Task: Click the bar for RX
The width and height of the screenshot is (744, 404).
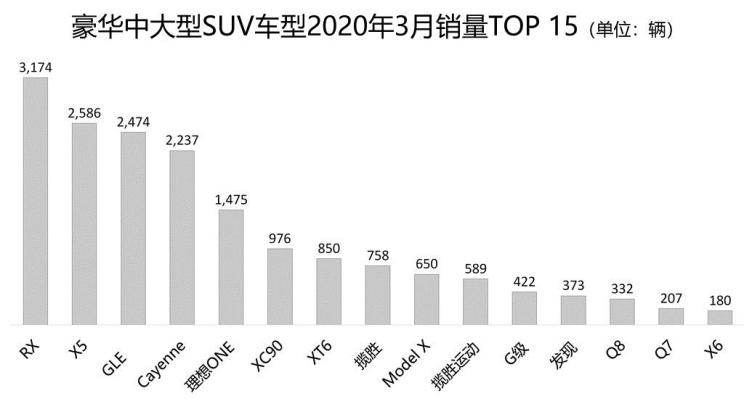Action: click(x=35, y=201)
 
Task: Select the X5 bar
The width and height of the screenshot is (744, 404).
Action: click(x=84, y=224)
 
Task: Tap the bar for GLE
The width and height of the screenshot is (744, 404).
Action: click(x=133, y=229)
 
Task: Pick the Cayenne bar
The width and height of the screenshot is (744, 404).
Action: click(x=182, y=238)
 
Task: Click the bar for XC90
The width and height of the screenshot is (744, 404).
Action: click(x=280, y=287)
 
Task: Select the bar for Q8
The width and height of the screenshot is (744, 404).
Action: click(x=622, y=312)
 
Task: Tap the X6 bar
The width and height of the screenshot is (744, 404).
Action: click(x=720, y=318)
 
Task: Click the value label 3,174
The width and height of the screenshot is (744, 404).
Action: click(x=35, y=68)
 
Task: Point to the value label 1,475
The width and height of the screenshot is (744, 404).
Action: click(x=231, y=199)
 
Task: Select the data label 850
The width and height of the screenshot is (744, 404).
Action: click(x=329, y=247)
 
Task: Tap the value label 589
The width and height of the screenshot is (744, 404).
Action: click(x=475, y=268)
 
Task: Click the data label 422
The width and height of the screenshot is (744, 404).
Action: click(x=524, y=281)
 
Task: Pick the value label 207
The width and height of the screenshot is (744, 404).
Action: click(x=671, y=298)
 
